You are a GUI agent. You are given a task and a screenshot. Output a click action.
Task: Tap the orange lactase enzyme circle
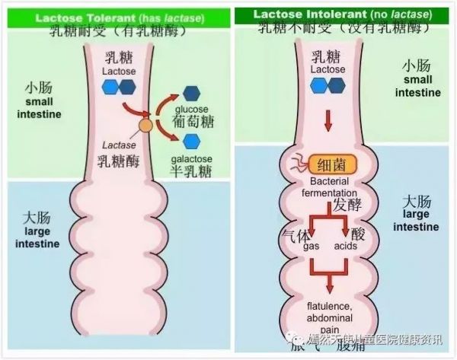(144, 125)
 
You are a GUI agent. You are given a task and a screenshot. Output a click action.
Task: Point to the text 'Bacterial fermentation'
(329, 189)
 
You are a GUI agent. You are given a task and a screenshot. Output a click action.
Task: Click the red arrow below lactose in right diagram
(328, 119)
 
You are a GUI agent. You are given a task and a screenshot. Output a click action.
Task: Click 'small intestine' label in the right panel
(417, 86)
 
